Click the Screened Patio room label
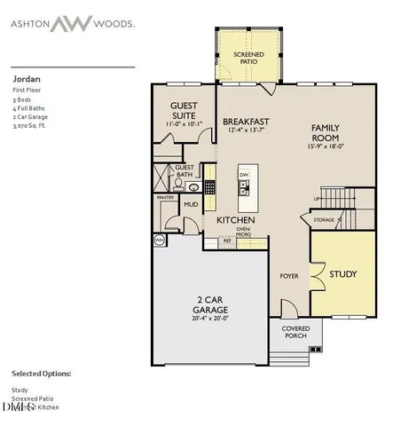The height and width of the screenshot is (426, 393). (x=248, y=59)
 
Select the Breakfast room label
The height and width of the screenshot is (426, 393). (x=246, y=121)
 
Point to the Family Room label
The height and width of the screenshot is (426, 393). (x=325, y=133)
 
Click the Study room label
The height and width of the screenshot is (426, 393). (x=342, y=274)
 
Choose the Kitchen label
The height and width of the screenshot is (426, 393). (x=237, y=220)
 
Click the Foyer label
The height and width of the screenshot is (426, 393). (x=287, y=276)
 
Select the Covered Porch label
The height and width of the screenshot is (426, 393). (x=295, y=333)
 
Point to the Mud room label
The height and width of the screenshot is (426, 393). (x=190, y=205)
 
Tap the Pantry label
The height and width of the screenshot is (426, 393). (x=166, y=198)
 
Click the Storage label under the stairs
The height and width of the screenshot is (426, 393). (x=324, y=218)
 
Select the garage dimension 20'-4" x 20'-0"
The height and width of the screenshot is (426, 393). (x=210, y=318)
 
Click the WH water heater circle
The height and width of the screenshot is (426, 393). (x=160, y=240)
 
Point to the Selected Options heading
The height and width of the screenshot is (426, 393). (x=41, y=374)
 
